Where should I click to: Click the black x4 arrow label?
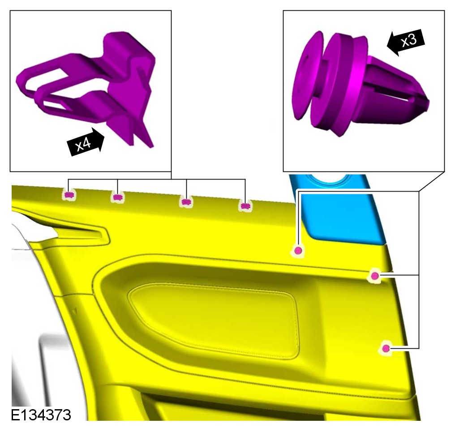[x=86, y=142]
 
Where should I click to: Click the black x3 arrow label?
[x=405, y=42]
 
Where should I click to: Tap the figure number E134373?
[x=41, y=415]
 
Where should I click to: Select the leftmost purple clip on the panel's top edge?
[x=69, y=195]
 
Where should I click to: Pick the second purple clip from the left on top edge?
[x=117, y=197]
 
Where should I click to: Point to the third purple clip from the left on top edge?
[x=186, y=201]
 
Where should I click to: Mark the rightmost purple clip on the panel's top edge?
[x=245, y=206]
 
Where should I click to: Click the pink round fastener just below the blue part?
[x=298, y=250]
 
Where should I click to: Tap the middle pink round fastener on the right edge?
[x=375, y=275]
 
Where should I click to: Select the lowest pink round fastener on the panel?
[x=386, y=348]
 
